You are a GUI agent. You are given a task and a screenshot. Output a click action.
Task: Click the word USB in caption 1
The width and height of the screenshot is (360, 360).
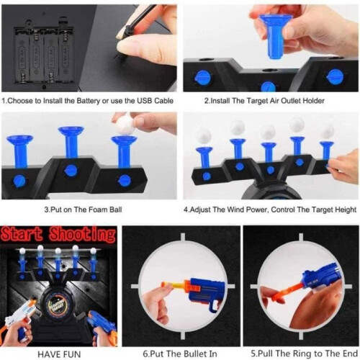pyautogui.click(x=145, y=101)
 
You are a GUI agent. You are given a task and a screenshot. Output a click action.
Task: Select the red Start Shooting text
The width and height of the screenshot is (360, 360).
pyautogui.click(x=58, y=234)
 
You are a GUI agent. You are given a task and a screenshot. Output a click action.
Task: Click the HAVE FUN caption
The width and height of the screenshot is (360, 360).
pyautogui.click(x=59, y=354)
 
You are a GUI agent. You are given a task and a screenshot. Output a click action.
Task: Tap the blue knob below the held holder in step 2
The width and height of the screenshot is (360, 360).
pyautogui.click(x=269, y=86)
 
